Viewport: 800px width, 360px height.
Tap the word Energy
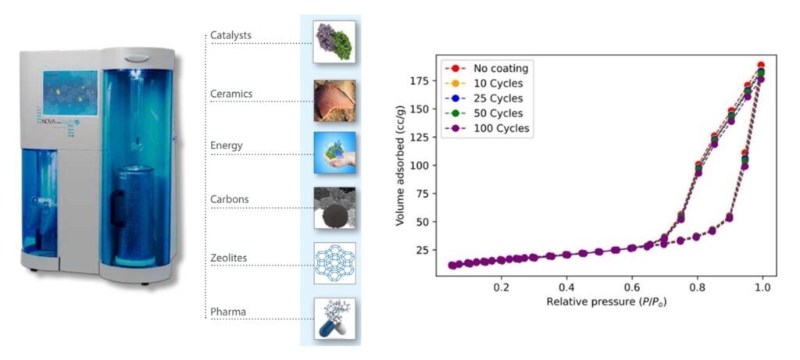click(x=226, y=145)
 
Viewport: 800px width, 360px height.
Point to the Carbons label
click(x=229, y=199)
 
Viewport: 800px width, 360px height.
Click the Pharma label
click(x=227, y=312)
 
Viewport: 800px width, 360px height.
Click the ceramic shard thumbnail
click(x=334, y=100)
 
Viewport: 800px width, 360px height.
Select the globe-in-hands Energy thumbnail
click(x=334, y=152)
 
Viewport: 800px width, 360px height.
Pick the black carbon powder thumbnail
click(x=334, y=207)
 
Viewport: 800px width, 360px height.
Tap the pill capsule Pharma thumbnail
click(x=334, y=319)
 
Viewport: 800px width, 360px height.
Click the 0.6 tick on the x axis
click(x=631, y=287)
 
